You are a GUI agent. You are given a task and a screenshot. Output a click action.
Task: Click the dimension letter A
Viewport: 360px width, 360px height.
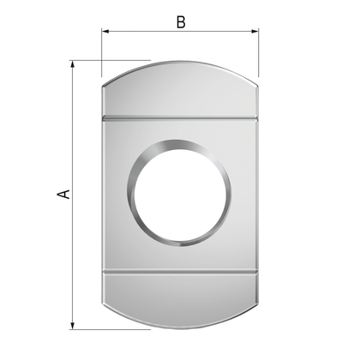63,194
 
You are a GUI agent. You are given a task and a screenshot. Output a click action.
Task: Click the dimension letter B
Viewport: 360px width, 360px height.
181,22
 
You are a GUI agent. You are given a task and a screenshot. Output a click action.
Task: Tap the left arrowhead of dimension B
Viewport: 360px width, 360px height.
105,31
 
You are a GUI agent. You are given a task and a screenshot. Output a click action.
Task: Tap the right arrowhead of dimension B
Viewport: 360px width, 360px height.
255,31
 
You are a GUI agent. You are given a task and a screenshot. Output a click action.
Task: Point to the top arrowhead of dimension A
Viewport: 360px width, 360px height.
73,64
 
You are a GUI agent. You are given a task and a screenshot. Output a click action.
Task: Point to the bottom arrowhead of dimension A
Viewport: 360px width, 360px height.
73,326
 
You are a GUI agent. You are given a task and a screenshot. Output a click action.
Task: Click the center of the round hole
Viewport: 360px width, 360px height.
180,193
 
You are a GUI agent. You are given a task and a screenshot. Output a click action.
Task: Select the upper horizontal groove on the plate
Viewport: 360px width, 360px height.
180,118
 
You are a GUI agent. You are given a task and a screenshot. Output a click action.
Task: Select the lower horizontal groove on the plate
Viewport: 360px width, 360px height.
180,272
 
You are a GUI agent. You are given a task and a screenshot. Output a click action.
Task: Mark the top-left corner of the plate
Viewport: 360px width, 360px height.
103,86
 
